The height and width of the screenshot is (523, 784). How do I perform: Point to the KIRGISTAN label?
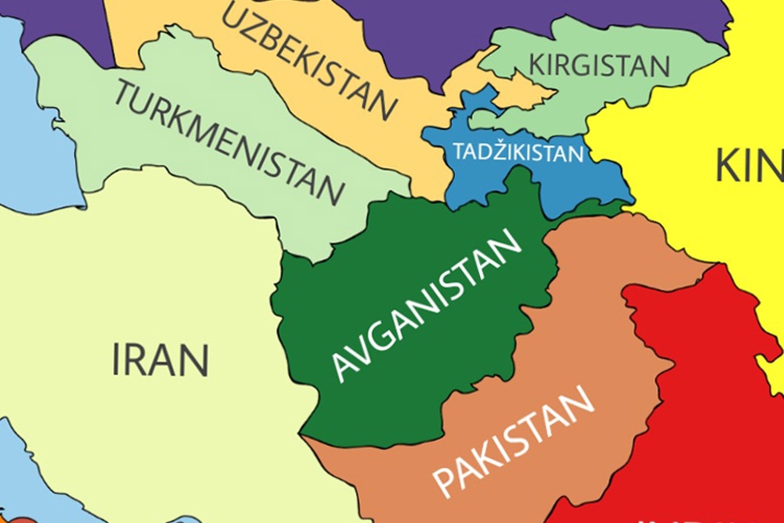600,65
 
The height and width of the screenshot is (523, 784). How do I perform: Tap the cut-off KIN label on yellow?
748,166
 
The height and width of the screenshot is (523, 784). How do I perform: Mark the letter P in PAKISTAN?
444,484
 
